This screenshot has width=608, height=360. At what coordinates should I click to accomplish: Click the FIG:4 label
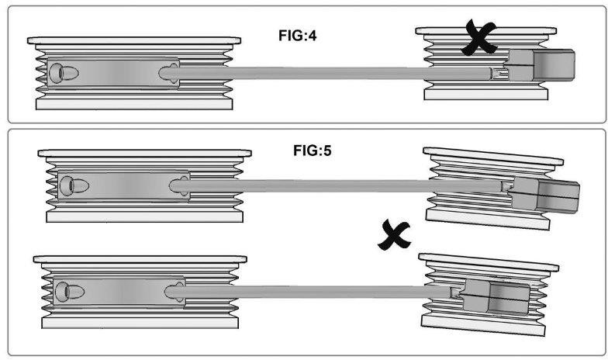tap(298, 36)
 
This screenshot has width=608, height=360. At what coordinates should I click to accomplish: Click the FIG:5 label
tap(312, 151)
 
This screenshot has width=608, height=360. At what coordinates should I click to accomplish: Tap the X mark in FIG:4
tap(479, 37)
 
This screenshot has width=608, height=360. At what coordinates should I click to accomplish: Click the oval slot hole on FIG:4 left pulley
tap(64, 73)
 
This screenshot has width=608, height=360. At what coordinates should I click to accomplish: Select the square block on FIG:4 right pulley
tap(541, 65)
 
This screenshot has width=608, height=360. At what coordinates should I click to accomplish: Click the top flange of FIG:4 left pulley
tap(134, 40)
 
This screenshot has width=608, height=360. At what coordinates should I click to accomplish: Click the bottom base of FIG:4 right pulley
tap(485, 95)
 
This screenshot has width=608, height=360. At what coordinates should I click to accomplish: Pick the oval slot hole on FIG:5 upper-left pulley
tap(74, 186)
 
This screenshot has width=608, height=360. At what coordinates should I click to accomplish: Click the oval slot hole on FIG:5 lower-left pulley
tap(70, 292)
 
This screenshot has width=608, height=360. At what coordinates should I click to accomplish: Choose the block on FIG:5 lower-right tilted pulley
tap(496, 296)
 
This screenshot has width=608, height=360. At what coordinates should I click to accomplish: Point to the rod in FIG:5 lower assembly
tap(310, 292)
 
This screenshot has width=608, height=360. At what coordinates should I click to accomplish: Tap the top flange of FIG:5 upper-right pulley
tap(493, 156)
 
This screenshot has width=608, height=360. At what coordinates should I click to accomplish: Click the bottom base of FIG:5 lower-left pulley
tap(140, 323)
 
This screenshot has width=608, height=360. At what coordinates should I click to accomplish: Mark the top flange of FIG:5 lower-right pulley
tap(489, 262)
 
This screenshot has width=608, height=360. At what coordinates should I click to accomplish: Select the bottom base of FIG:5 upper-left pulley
tap(144, 216)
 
